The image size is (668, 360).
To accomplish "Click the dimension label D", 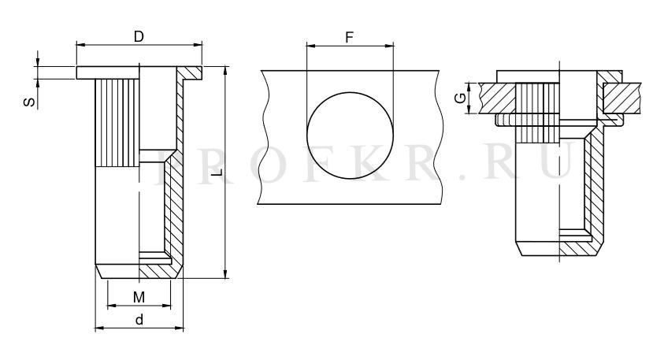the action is pos(139,37).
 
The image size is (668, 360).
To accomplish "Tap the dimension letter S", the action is pos(29,102).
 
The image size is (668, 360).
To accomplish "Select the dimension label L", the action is pos(217,173).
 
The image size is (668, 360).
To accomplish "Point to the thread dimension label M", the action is pos(139,297).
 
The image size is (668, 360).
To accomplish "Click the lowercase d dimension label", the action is pos(139,320).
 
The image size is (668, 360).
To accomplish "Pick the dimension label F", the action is pos(349,38).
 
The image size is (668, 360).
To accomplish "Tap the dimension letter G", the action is pos(460,98).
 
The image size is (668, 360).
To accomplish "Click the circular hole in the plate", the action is pos(351,135).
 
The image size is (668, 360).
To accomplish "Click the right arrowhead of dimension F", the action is pos(389,46).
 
